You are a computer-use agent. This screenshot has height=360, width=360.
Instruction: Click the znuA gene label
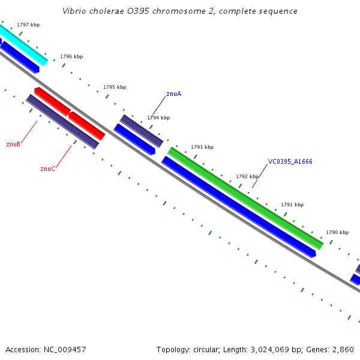pos(173,94)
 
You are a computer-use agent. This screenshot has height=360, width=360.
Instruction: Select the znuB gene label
pos(13,144)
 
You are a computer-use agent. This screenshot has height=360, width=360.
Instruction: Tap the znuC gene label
pos(47,169)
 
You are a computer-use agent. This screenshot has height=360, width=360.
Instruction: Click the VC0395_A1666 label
pos(290,161)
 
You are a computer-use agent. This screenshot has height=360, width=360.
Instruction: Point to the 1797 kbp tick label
pos(28,25)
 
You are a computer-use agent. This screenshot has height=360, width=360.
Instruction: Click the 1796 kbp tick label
pos(71,56)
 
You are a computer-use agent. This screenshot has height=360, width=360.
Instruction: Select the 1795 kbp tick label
pos(115,87)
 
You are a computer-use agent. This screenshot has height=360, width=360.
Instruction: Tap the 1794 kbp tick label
pos(158,118)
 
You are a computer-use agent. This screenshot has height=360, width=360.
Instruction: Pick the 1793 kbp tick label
pos(202,147)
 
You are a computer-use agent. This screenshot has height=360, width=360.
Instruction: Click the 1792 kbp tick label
pos(247,176)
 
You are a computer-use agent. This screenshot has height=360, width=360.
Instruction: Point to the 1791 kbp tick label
pos(292,205)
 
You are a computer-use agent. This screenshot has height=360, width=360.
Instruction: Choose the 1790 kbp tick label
pos(337,232)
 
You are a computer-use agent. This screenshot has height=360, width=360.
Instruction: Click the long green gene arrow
pos(245,198)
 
